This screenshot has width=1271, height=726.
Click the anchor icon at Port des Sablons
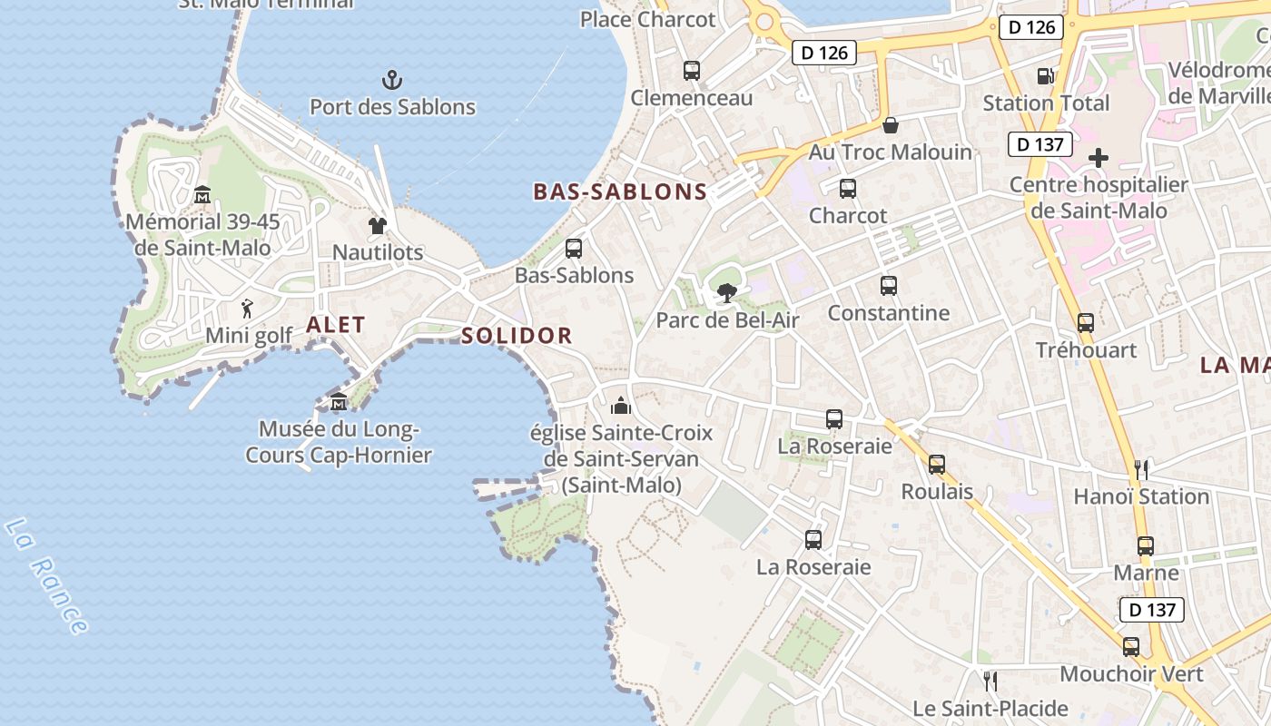coord(392,80)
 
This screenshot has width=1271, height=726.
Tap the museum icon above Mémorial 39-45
coord(202,194)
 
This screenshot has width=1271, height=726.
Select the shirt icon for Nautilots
coord(378,225)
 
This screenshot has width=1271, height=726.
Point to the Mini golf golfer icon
coord(247,309)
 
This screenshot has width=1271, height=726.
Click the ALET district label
coord(336,325)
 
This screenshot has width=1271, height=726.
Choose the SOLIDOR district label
coord(517,336)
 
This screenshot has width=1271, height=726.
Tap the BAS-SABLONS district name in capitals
coord(620,191)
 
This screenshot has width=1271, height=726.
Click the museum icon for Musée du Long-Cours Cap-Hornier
coord(339,402)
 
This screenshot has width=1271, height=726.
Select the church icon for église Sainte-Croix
coord(621,406)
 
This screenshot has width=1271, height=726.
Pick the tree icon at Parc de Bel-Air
coord(726,292)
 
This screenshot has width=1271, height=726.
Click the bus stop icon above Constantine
coord(889,286)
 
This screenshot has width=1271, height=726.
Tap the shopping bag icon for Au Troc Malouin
coord(891,125)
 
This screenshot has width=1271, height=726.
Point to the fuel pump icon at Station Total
coord(1046,76)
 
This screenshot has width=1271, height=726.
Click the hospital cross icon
coord(1099,159)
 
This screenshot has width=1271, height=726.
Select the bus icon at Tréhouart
coord(1086,322)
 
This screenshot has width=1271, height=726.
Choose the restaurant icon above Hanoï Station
coord(1141,469)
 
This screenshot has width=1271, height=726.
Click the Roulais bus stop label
coord(937,492)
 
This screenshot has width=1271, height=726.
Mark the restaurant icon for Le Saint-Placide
coord(990,681)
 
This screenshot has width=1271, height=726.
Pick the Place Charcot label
coord(648,19)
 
